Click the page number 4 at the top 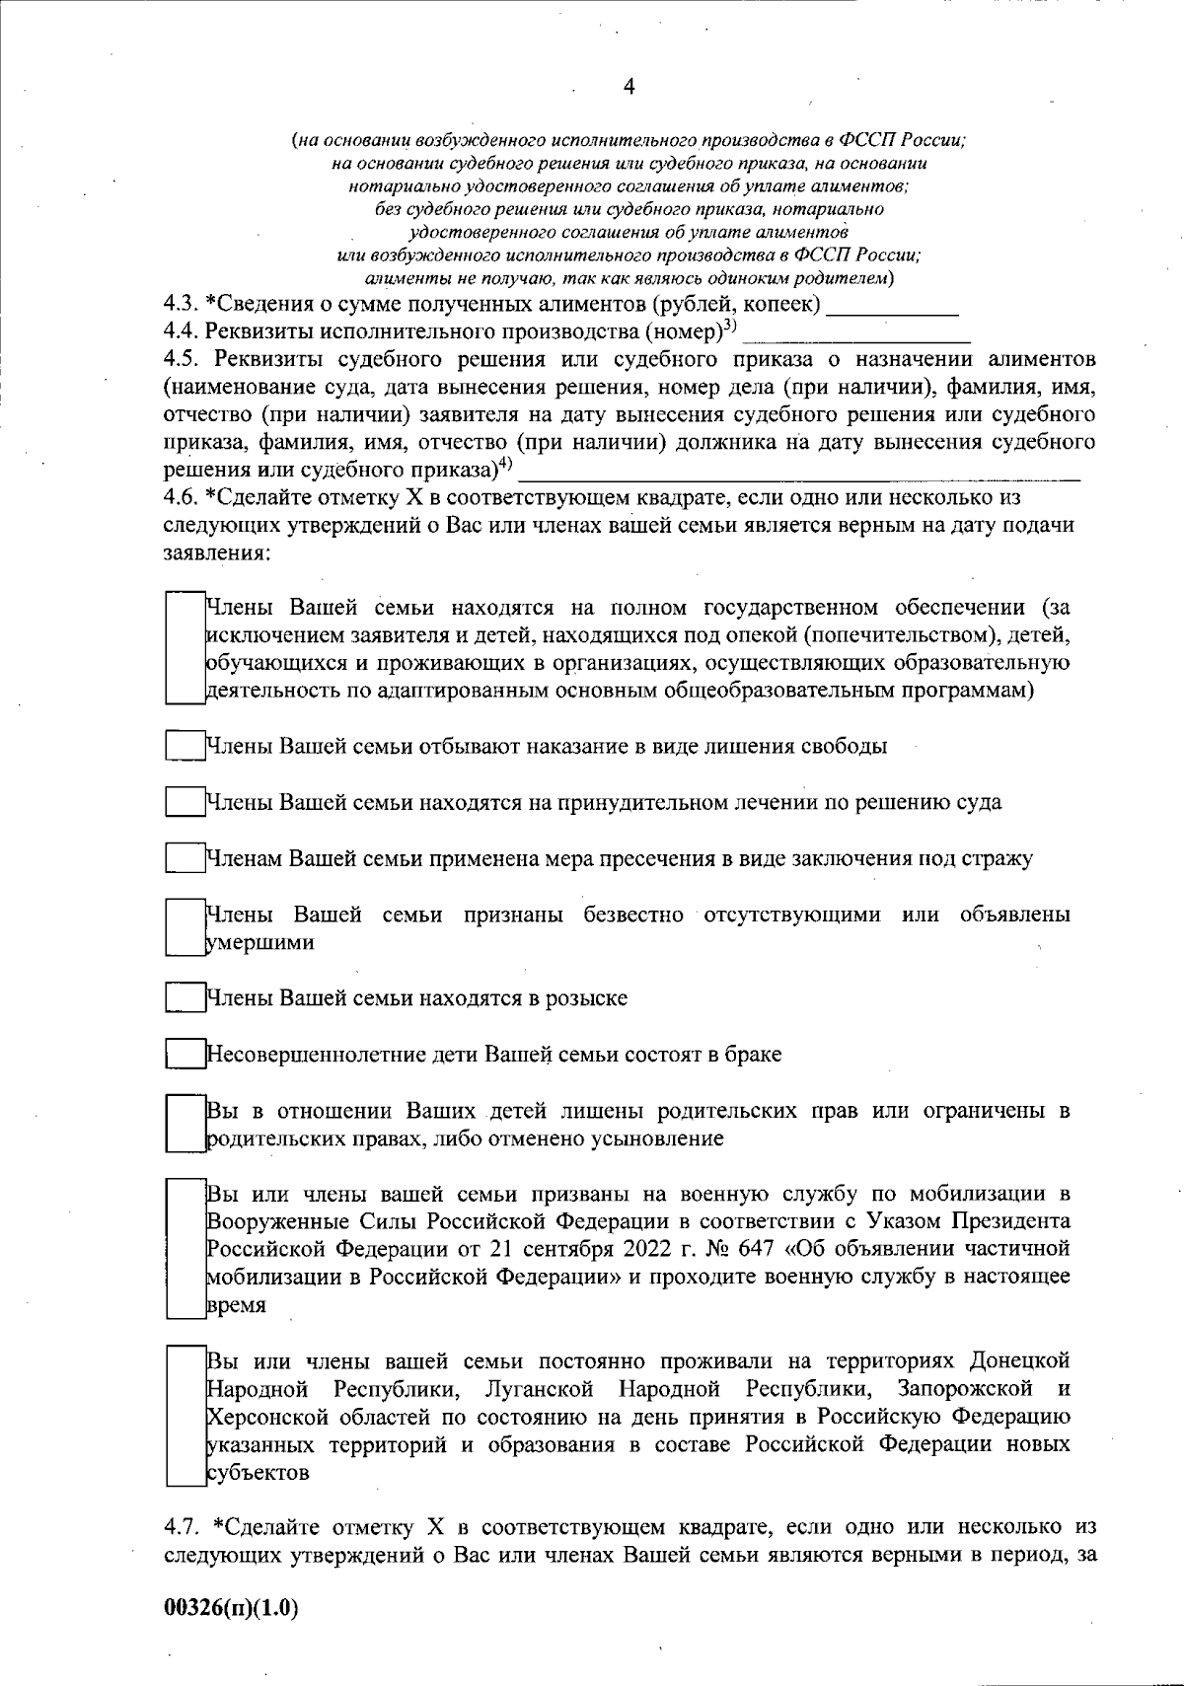pos(629,87)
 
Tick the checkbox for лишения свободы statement pos(184,746)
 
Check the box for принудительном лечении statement pos(184,802)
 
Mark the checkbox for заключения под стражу pos(184,858)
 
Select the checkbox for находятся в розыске pos(184,997)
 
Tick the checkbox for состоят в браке pos(184,1054)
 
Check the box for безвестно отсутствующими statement pos(184,927)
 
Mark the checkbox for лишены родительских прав pos(184,1123)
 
